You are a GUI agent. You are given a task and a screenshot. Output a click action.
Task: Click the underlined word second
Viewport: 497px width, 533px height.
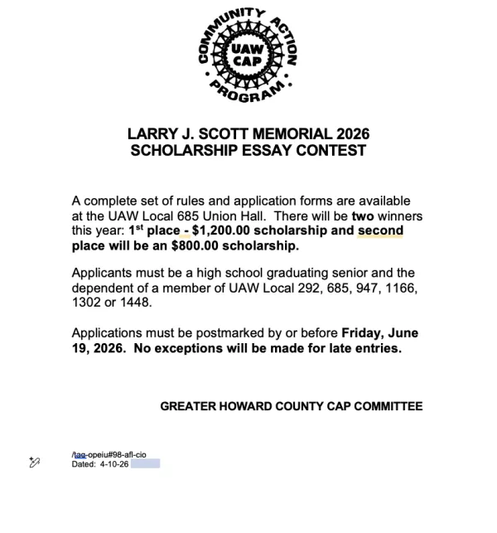(x=380, y=230)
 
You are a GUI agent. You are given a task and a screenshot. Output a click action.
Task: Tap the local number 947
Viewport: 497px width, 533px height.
(x=354, y=288)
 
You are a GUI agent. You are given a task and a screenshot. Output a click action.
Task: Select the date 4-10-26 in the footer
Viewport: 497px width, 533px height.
(x=114, y=463)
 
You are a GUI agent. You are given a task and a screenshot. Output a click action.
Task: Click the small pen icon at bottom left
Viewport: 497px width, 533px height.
(x=35, y=461)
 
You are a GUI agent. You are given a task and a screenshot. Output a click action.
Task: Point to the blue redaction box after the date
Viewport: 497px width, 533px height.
(x=145, y=463)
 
